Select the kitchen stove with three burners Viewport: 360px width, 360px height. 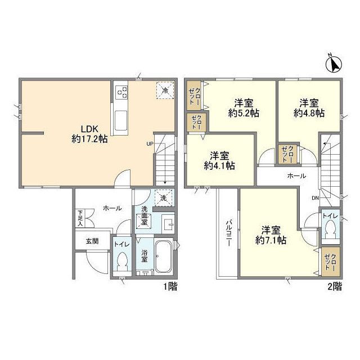pyautogui.click(x=121, y=92)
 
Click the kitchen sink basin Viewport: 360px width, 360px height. pyautogui.click(x=121, y=120)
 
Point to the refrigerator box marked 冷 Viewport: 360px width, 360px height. pyautogui.click(x=165, y=90)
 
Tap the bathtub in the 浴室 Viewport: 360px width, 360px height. pyautogui.click(x=164, y=256)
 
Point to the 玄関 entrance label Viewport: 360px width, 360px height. pyautogui.click(x=92, y=241)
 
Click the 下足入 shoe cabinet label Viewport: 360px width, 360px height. pyautogui.click(x=80, y=218)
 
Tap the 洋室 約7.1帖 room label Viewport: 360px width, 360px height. pyautogui.click(x=271, y=235)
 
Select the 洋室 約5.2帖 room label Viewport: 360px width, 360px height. pyautogui.click(x=244, y=108)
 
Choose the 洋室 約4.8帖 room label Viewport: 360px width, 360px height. pyautogui.click(x=309, y=108)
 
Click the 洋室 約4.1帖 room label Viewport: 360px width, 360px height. pyautogui.click(x=219, y=161)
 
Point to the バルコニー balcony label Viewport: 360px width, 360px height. pyautogui.click(x=229, y=233)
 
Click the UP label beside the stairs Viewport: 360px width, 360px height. pyautogui.click(x=150, y=144)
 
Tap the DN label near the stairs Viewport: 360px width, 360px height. pyautogui.click(x=315, y=198)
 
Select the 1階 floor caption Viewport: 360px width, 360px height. pyautogui.click(x=170, y=287)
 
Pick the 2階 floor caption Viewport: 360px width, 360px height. pyautogui.click(x=335, y=287)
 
